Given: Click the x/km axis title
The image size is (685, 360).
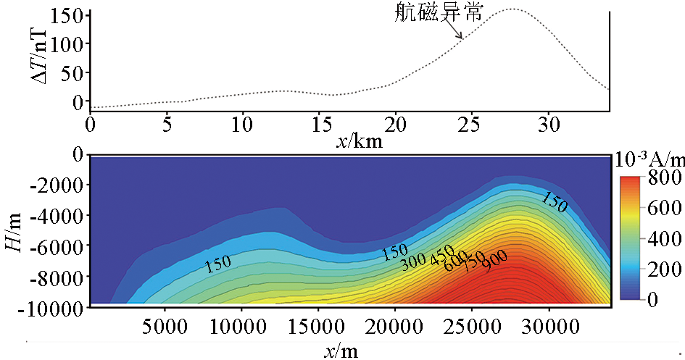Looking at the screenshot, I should (x=360, y=141).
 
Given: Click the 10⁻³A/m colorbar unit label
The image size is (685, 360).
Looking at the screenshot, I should (x=649, y=159).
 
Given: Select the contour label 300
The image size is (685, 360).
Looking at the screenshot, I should (x=413, y=261).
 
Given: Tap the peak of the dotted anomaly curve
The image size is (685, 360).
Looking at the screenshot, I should (x=512, y=9).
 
